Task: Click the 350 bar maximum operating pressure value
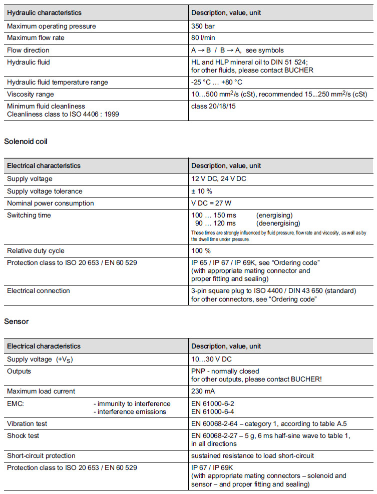point(204,26)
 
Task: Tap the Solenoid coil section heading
point(26,141)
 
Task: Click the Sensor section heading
point(16,321)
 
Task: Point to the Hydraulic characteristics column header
point(44,12)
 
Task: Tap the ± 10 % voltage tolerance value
point(202,191)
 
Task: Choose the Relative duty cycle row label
point(36,250)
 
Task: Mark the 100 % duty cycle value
point(201,250)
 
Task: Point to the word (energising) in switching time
point(274,215)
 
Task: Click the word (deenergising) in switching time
point(278,223)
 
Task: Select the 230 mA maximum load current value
point(203,391)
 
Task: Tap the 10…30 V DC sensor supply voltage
point(211,359)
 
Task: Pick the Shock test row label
point(23,435)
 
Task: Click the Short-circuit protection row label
point(41,455)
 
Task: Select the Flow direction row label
point(28,50)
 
